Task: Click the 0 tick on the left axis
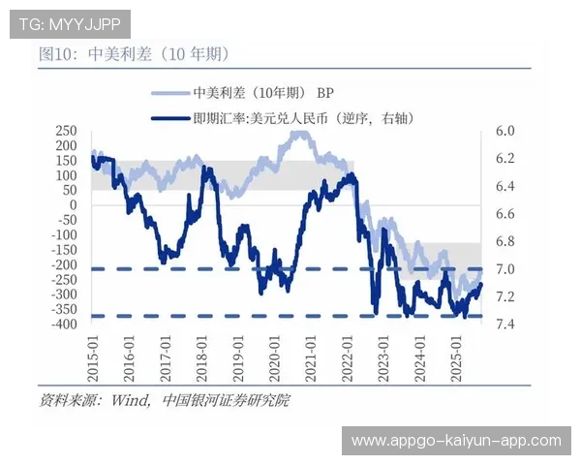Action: [x=72, y=205]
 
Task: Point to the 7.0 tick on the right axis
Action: [x=505, y=269]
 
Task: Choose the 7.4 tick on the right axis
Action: [x=505, y=325]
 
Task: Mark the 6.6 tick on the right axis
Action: [x=505, y=214]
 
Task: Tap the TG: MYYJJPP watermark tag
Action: [x=69, y=22]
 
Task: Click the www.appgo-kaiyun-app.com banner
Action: [x=456, y=441]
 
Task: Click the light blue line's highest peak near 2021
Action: [x=301, y=133]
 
